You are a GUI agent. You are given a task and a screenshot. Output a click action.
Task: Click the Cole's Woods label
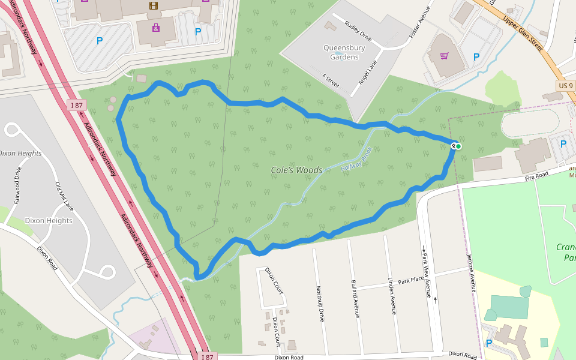pyautogui.click(x=296, y=170)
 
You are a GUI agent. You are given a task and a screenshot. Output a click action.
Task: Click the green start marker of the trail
pyautogui.click(x=458, y=146)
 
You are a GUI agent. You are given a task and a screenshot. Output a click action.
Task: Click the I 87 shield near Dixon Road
pyautogui.click(x=207, y=356)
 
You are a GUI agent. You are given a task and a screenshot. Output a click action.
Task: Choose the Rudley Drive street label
pyautogui.click(x=358, y=31)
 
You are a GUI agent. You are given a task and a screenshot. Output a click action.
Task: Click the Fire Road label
pyautogui.click(x=536, y=175)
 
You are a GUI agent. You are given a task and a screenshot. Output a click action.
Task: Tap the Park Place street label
pyautogui.click(x=411, y=280)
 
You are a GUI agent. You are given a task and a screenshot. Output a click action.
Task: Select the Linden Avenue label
pyautogui.click(x=391, y=296)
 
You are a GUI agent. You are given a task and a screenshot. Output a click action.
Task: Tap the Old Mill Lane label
pyautogui.click(x=64, y=196)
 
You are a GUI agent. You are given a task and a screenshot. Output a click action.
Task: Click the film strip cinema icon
pyautogui.click(x=155, y=6)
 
